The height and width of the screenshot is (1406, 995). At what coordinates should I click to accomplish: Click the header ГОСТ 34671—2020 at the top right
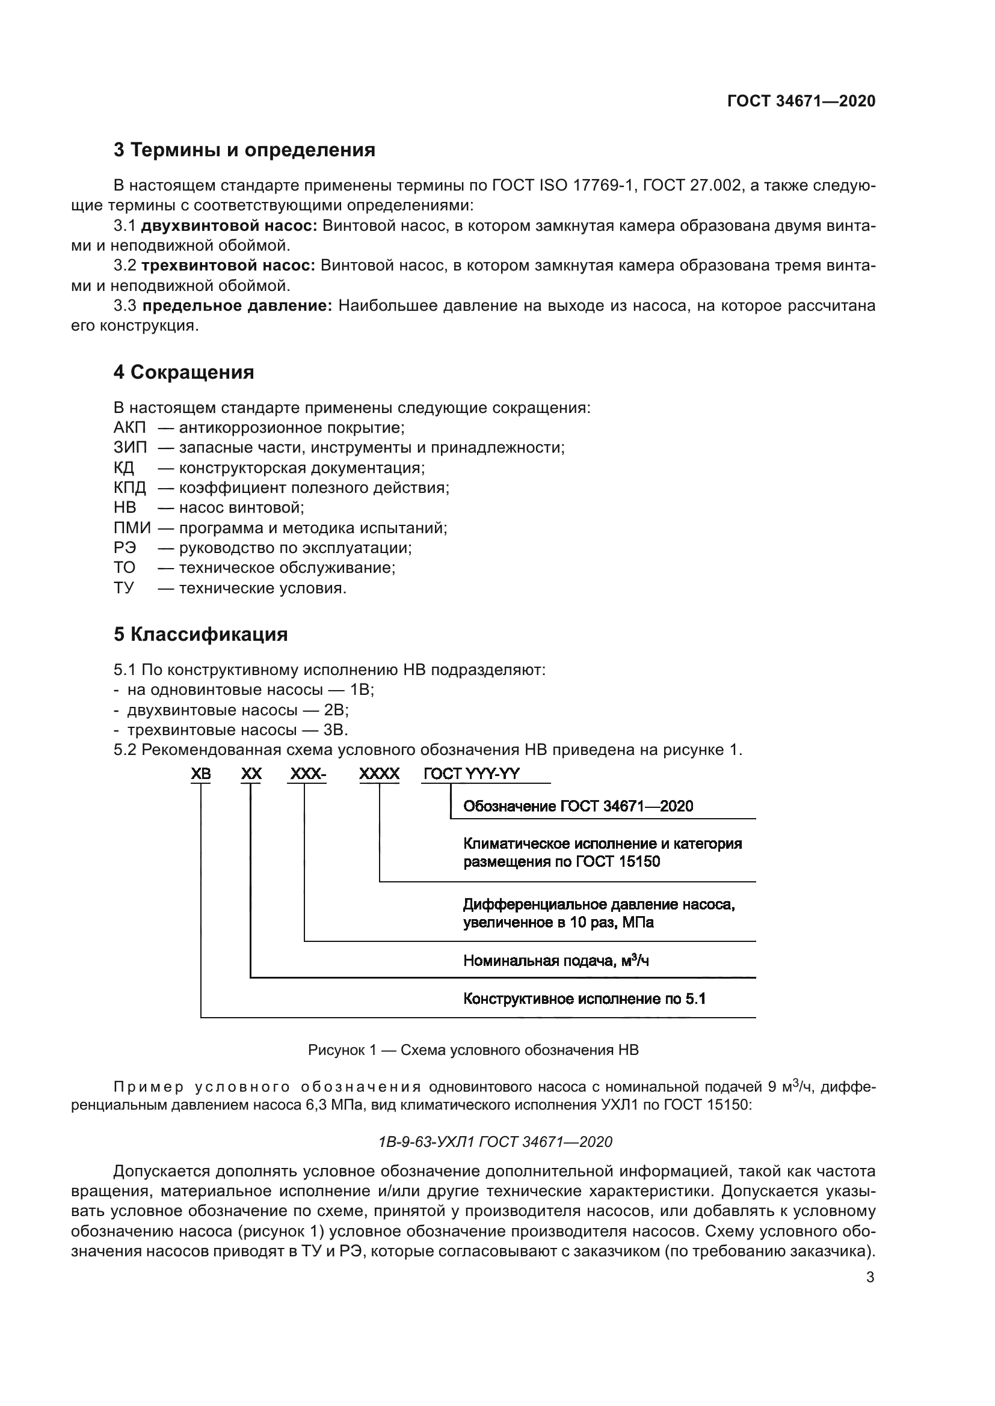[x=801, y=101]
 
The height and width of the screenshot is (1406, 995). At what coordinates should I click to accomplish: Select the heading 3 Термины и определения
[x=244, y=150]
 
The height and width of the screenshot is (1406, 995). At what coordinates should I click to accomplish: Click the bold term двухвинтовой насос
[x=229, y=226]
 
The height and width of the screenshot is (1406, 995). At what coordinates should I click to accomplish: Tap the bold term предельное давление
[x=237, y=305]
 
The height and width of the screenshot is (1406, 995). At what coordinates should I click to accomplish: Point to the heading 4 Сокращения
[x=183, y=371]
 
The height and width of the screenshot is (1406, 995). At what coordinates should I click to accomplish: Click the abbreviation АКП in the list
[x=130, y=427]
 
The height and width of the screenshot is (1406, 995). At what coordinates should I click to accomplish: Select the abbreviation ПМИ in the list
[x=132, y=528]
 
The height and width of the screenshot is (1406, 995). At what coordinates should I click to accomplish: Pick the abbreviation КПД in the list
[x=130, y=488]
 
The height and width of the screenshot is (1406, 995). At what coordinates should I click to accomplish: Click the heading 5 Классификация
[x=200, y=634]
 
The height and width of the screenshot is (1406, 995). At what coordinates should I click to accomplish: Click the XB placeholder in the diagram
[x=201, y=774]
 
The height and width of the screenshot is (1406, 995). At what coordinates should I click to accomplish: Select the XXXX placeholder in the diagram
[x=379, y=774]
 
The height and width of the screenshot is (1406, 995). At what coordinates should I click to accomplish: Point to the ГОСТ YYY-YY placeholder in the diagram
[x=471, y=774]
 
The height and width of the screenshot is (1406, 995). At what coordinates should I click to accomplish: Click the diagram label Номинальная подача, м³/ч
[x=556, y=961]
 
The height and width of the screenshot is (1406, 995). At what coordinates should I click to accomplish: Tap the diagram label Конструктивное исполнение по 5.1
[x=584, y=1000]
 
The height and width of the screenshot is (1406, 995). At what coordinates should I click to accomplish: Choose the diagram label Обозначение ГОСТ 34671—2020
[x=578, y=806]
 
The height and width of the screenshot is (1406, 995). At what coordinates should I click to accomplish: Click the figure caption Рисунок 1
[x=473, y=1050]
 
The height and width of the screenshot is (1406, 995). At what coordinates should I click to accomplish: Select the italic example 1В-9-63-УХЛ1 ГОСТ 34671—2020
[x=496, y=1142]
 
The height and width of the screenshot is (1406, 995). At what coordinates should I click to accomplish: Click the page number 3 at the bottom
[x=870, y=1277]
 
